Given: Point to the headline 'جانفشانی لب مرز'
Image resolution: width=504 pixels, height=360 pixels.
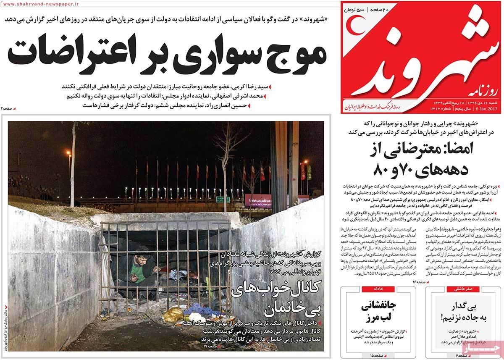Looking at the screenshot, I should [x=378, y=313].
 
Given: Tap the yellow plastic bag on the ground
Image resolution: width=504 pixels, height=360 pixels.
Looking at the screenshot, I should [x=173, y=314].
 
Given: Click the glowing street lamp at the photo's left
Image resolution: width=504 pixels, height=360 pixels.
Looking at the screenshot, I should [x=68, y=153].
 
